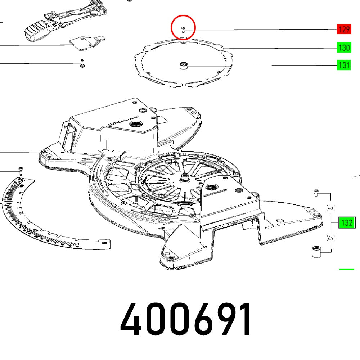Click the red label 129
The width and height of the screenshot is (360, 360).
343,30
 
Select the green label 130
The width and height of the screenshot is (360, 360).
343,48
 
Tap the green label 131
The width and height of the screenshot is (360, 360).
343,65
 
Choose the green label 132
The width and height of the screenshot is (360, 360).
347,223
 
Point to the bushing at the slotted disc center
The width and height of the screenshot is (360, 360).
184,66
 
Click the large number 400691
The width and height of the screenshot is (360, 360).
186,320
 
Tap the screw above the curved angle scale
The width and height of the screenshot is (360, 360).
21,170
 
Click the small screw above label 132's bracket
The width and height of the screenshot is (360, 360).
316,193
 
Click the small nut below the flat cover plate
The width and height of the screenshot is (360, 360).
82,65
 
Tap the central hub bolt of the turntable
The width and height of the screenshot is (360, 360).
186,176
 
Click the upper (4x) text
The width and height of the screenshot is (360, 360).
330,208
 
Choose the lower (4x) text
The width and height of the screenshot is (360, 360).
330,238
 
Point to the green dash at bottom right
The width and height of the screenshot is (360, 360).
347,269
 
